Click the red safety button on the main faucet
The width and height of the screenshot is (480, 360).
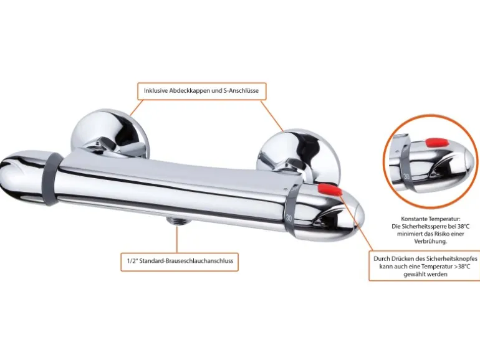pyautogui.click(x=330, y=189)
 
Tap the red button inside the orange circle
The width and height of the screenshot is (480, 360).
pyautogui.click(x=437, y=143)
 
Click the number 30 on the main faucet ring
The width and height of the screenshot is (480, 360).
pyautogui.click(x=289, y=218)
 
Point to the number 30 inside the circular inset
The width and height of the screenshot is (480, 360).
pyautogui.click(x=406, y=176)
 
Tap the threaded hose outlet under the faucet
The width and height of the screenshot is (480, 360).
pyautogui.click(x=178, y=220)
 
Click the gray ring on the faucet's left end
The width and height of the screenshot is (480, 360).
pyautogui.click(x=52, y=179)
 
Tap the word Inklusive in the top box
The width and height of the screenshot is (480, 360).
pyautogui.click(x=155, y=91)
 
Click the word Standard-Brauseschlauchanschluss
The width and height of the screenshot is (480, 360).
pyautogui.click(x=186, y=261)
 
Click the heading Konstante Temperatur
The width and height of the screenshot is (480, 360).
pyautogui.click(x=430, y=219)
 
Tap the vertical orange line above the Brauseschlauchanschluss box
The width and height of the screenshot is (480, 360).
pyautogui.click(x=177, y=239)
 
